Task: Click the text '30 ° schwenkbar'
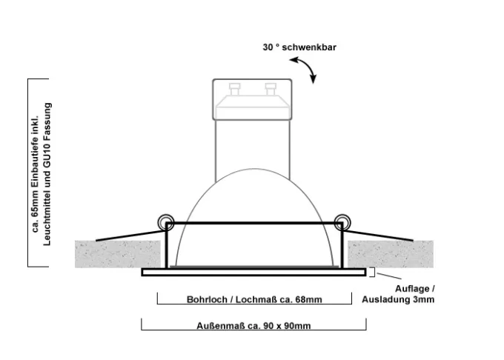tap(299, 47)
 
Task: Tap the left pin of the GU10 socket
tap(234, 89)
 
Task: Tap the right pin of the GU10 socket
tap(271, 89)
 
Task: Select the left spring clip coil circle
tap(166, 222)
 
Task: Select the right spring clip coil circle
tap(342, 222)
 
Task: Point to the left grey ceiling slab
tap(118, 254)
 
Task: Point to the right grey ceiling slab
tap(391, 254)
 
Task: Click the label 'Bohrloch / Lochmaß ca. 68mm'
tap(254, 299)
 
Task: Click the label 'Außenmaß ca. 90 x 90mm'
tap(253, 326)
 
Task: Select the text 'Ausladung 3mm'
tap(398, 299)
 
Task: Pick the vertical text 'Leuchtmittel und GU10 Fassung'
tap(47, 174)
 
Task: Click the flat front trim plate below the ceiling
tap(254, 273)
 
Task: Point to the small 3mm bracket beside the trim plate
tap(372, 272)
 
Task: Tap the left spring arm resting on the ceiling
tap(130, 236)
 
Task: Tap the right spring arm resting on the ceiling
tap(377, 236)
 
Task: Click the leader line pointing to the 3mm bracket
tap(389, 276)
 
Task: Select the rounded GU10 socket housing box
tap(252, 99)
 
